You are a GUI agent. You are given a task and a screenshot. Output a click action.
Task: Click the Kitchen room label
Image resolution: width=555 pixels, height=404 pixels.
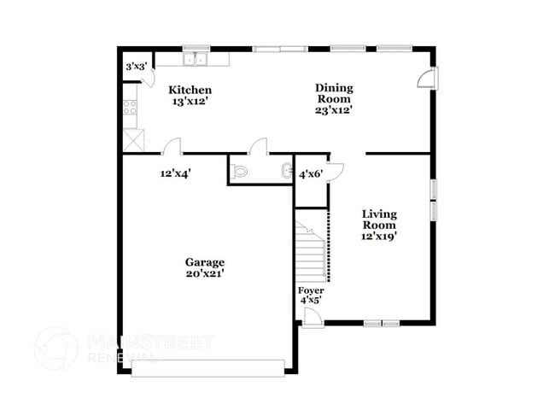(x=190, y=90)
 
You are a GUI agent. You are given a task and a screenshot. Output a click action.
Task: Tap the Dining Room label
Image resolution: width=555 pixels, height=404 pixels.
(x=334, y=93)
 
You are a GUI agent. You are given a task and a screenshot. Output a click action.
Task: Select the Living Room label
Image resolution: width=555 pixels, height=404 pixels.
(x=378, y=219)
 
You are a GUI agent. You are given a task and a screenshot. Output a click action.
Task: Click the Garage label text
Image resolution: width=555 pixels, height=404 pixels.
(x=205, y=262)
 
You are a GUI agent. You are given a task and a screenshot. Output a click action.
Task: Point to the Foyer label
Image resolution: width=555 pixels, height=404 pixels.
(x=311, y=290)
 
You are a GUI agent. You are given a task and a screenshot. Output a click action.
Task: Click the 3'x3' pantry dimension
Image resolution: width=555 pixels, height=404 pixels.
(x=136, y=66)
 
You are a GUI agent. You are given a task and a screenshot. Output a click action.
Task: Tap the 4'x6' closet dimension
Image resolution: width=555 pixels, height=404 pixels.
(x=309, y=174)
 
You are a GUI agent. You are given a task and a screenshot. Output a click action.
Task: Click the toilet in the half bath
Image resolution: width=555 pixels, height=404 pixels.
(x=240, y=171)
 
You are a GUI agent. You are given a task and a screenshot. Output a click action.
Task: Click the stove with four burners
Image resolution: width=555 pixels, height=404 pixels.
(x=131, y=108)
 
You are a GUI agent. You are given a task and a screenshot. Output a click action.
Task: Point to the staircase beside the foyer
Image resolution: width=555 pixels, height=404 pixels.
(x=313, y=249)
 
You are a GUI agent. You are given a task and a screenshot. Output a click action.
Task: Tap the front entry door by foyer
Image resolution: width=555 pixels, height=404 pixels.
(x=313, y=317)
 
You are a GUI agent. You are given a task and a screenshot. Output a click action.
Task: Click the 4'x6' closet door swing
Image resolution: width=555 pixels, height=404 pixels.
(x=336, y=169)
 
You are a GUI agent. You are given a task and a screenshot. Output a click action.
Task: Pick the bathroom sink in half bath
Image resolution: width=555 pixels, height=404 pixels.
(x=286, y=170)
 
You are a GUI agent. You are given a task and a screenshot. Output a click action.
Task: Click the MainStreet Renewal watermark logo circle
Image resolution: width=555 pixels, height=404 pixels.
(x=55, y=348)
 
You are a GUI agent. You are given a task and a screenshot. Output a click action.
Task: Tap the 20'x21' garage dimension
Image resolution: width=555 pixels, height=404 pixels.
(x=205, y=273)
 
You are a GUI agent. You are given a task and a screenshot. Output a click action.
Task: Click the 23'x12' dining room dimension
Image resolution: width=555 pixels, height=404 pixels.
(x=334, y=109)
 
